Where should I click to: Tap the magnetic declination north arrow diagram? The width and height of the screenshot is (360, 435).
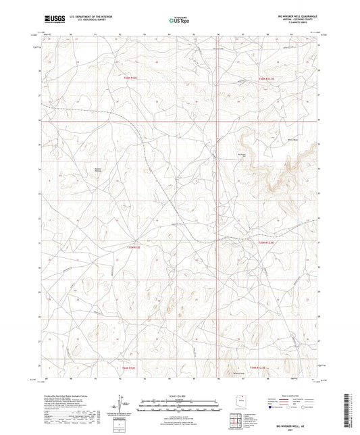119,404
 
